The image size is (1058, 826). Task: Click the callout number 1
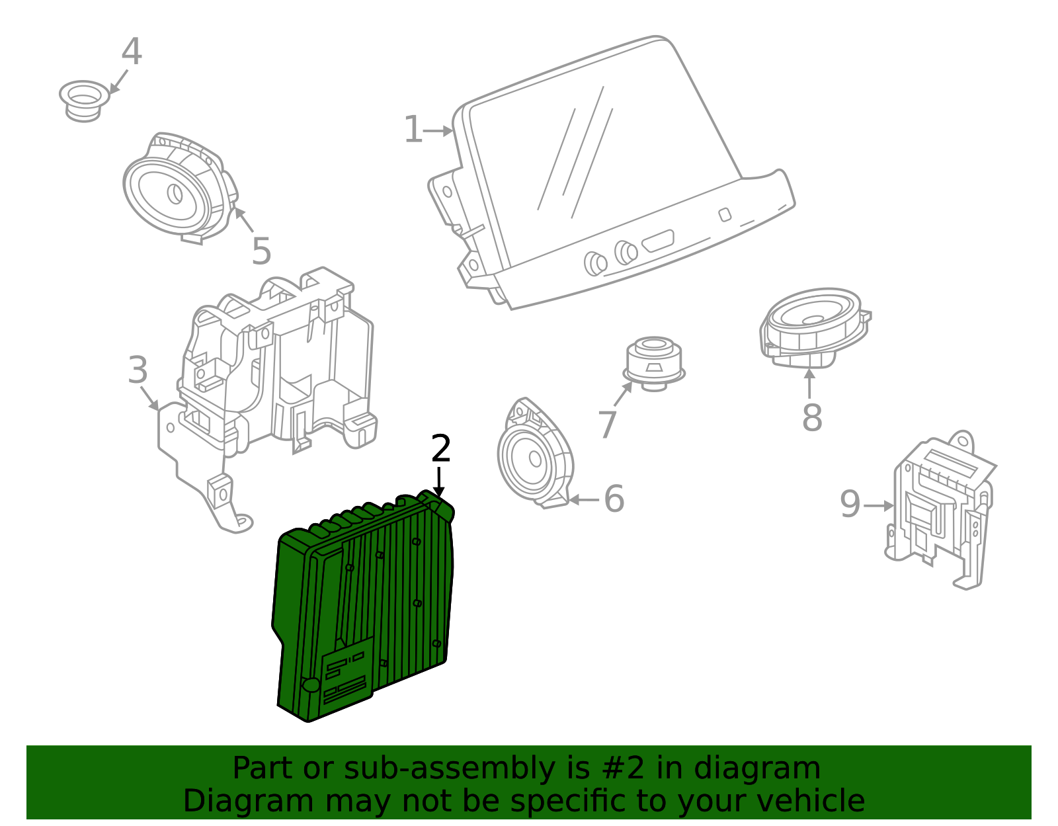pyautogui.click(x=413, y=130)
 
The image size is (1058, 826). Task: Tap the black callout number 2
pyautogui.click(x=440, y=450)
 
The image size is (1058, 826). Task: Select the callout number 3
pyautogui.click(x=138, y=370)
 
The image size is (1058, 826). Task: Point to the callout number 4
pyautogui.click(x=132, y=52)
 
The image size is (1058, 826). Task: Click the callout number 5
pyautogui.click(x=261, y=252)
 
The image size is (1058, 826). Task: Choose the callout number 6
pyautogui.click(x=614, y=499)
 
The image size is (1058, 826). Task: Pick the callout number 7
pyautogui.click(x=607, y=424)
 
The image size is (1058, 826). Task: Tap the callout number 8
pyautogui.click(x=812, y=418)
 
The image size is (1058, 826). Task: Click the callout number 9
pyautogui.click(x=850, y=505)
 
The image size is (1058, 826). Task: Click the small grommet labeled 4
pyautogui.click(x=84, y=101)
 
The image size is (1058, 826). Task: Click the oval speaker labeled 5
pyautogui.click(x=176, y=189)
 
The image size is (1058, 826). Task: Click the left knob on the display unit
pyautogui.click(x=595, y=263)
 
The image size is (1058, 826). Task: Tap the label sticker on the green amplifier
pyautogui.click(x=346, y=675)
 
